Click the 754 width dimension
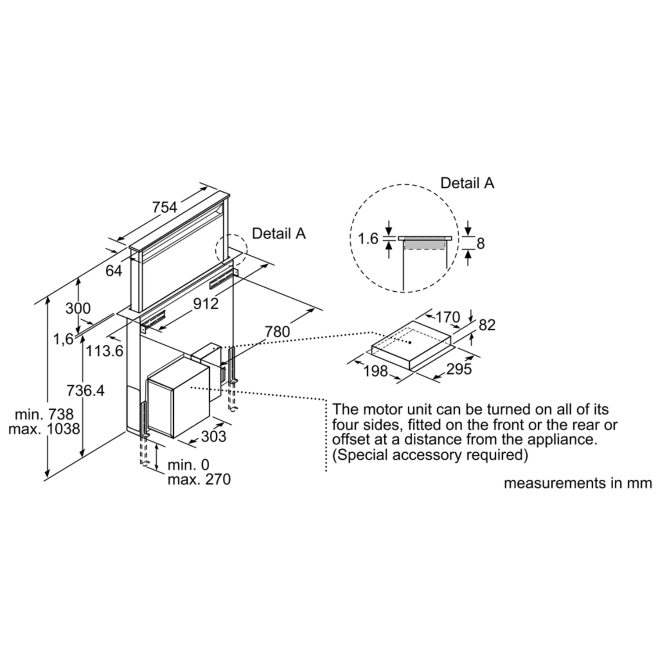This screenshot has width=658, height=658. [164, 207]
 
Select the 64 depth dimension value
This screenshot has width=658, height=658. [114, 271]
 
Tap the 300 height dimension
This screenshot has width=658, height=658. [78, 308]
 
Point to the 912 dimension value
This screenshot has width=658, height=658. [206, 303]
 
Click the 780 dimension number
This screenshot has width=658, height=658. [277, 332]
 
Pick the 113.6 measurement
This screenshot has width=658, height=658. [104, 351]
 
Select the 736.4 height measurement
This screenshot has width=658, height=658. [86, 390]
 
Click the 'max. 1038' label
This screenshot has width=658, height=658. [44, 429]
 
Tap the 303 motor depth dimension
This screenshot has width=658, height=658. [214, 436]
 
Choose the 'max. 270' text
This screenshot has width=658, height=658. [199, 479]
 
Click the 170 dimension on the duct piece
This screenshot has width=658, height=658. [447, 317]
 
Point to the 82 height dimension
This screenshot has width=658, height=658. [487, 325]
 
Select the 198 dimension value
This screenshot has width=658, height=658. [376, 371]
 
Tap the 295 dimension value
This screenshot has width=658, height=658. [459, 369]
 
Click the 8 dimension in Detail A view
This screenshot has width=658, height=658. [481, 243]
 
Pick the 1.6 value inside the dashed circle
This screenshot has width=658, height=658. [368, 239]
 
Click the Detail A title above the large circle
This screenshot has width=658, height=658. [467, 183]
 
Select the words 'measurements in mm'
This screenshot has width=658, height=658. [578, 483]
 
